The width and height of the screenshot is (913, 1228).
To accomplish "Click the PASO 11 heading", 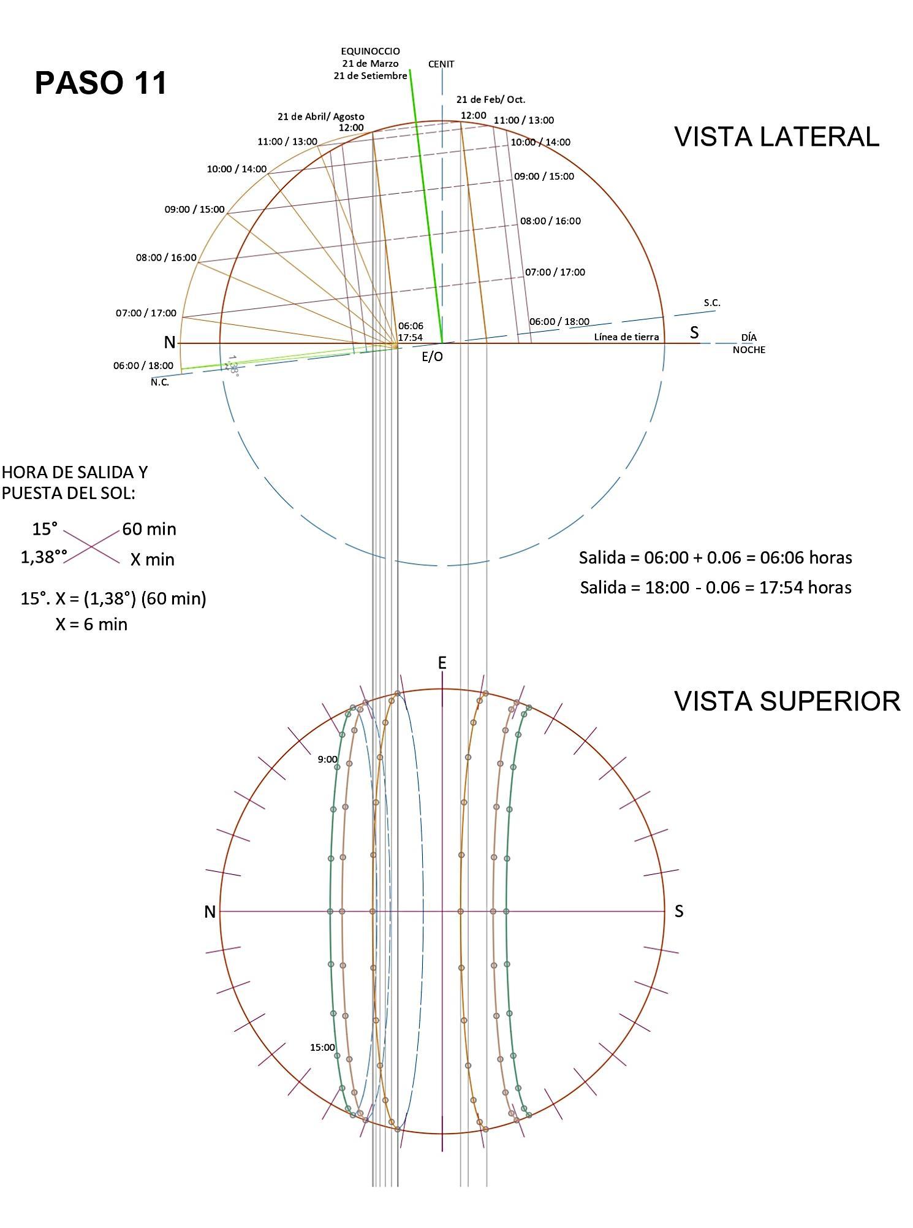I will click(x=101, y=83).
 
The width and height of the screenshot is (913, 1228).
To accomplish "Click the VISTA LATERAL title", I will click(x=776, y=136).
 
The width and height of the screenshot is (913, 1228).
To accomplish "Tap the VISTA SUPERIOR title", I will click(x=787, y=701).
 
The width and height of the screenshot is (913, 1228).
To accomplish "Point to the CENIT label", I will click(x=441, y=64).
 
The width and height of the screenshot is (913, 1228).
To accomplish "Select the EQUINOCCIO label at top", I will click(x=370, y=51).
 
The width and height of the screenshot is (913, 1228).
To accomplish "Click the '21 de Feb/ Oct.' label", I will click(x=490, y=99).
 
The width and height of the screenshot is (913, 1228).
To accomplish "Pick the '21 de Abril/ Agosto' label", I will click(x=320, y=116).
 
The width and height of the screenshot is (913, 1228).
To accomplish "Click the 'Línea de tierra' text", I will click(x=626, y=337).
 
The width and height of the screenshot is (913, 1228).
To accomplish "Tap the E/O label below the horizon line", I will click(x=432, y=357).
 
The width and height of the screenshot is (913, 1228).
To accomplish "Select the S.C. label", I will click(x=712, y=303).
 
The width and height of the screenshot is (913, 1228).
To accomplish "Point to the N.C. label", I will click(x=160, y=383).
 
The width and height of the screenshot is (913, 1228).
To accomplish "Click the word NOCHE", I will click(x=749, y=350).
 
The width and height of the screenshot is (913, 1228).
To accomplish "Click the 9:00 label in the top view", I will click(x=327, y=759).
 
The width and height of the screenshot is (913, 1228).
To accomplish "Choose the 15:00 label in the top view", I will click(x=322, y=1047).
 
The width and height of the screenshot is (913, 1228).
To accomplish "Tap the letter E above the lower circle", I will click(x=442, y=663).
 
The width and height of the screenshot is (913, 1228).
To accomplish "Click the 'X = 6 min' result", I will click(x=91, y=624).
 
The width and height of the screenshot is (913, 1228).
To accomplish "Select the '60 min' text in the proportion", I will click(x=149, y=529).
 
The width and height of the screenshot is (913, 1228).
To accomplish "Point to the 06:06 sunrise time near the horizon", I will click(x=410, y=326).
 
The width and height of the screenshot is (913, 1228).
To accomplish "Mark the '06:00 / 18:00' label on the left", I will click(x=143, y=365).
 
